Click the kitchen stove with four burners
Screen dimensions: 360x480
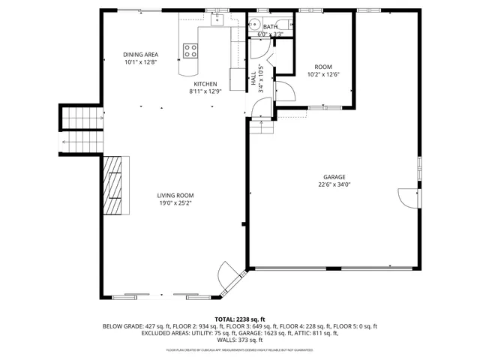(190, 51)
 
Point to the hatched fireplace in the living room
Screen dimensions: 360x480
(115, 184)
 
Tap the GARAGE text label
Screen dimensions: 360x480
(334, 177)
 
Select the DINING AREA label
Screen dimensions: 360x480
(141, 55)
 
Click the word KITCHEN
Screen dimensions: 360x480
(205, 84)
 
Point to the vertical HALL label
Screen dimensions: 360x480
(253, 77)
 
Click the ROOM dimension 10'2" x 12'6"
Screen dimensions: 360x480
(323, 74)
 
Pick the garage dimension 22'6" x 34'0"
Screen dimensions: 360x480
(334, 184)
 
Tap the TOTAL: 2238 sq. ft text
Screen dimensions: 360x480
(240, 319)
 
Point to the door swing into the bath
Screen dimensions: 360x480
(259, 47)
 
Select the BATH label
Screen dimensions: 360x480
(269, 27)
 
